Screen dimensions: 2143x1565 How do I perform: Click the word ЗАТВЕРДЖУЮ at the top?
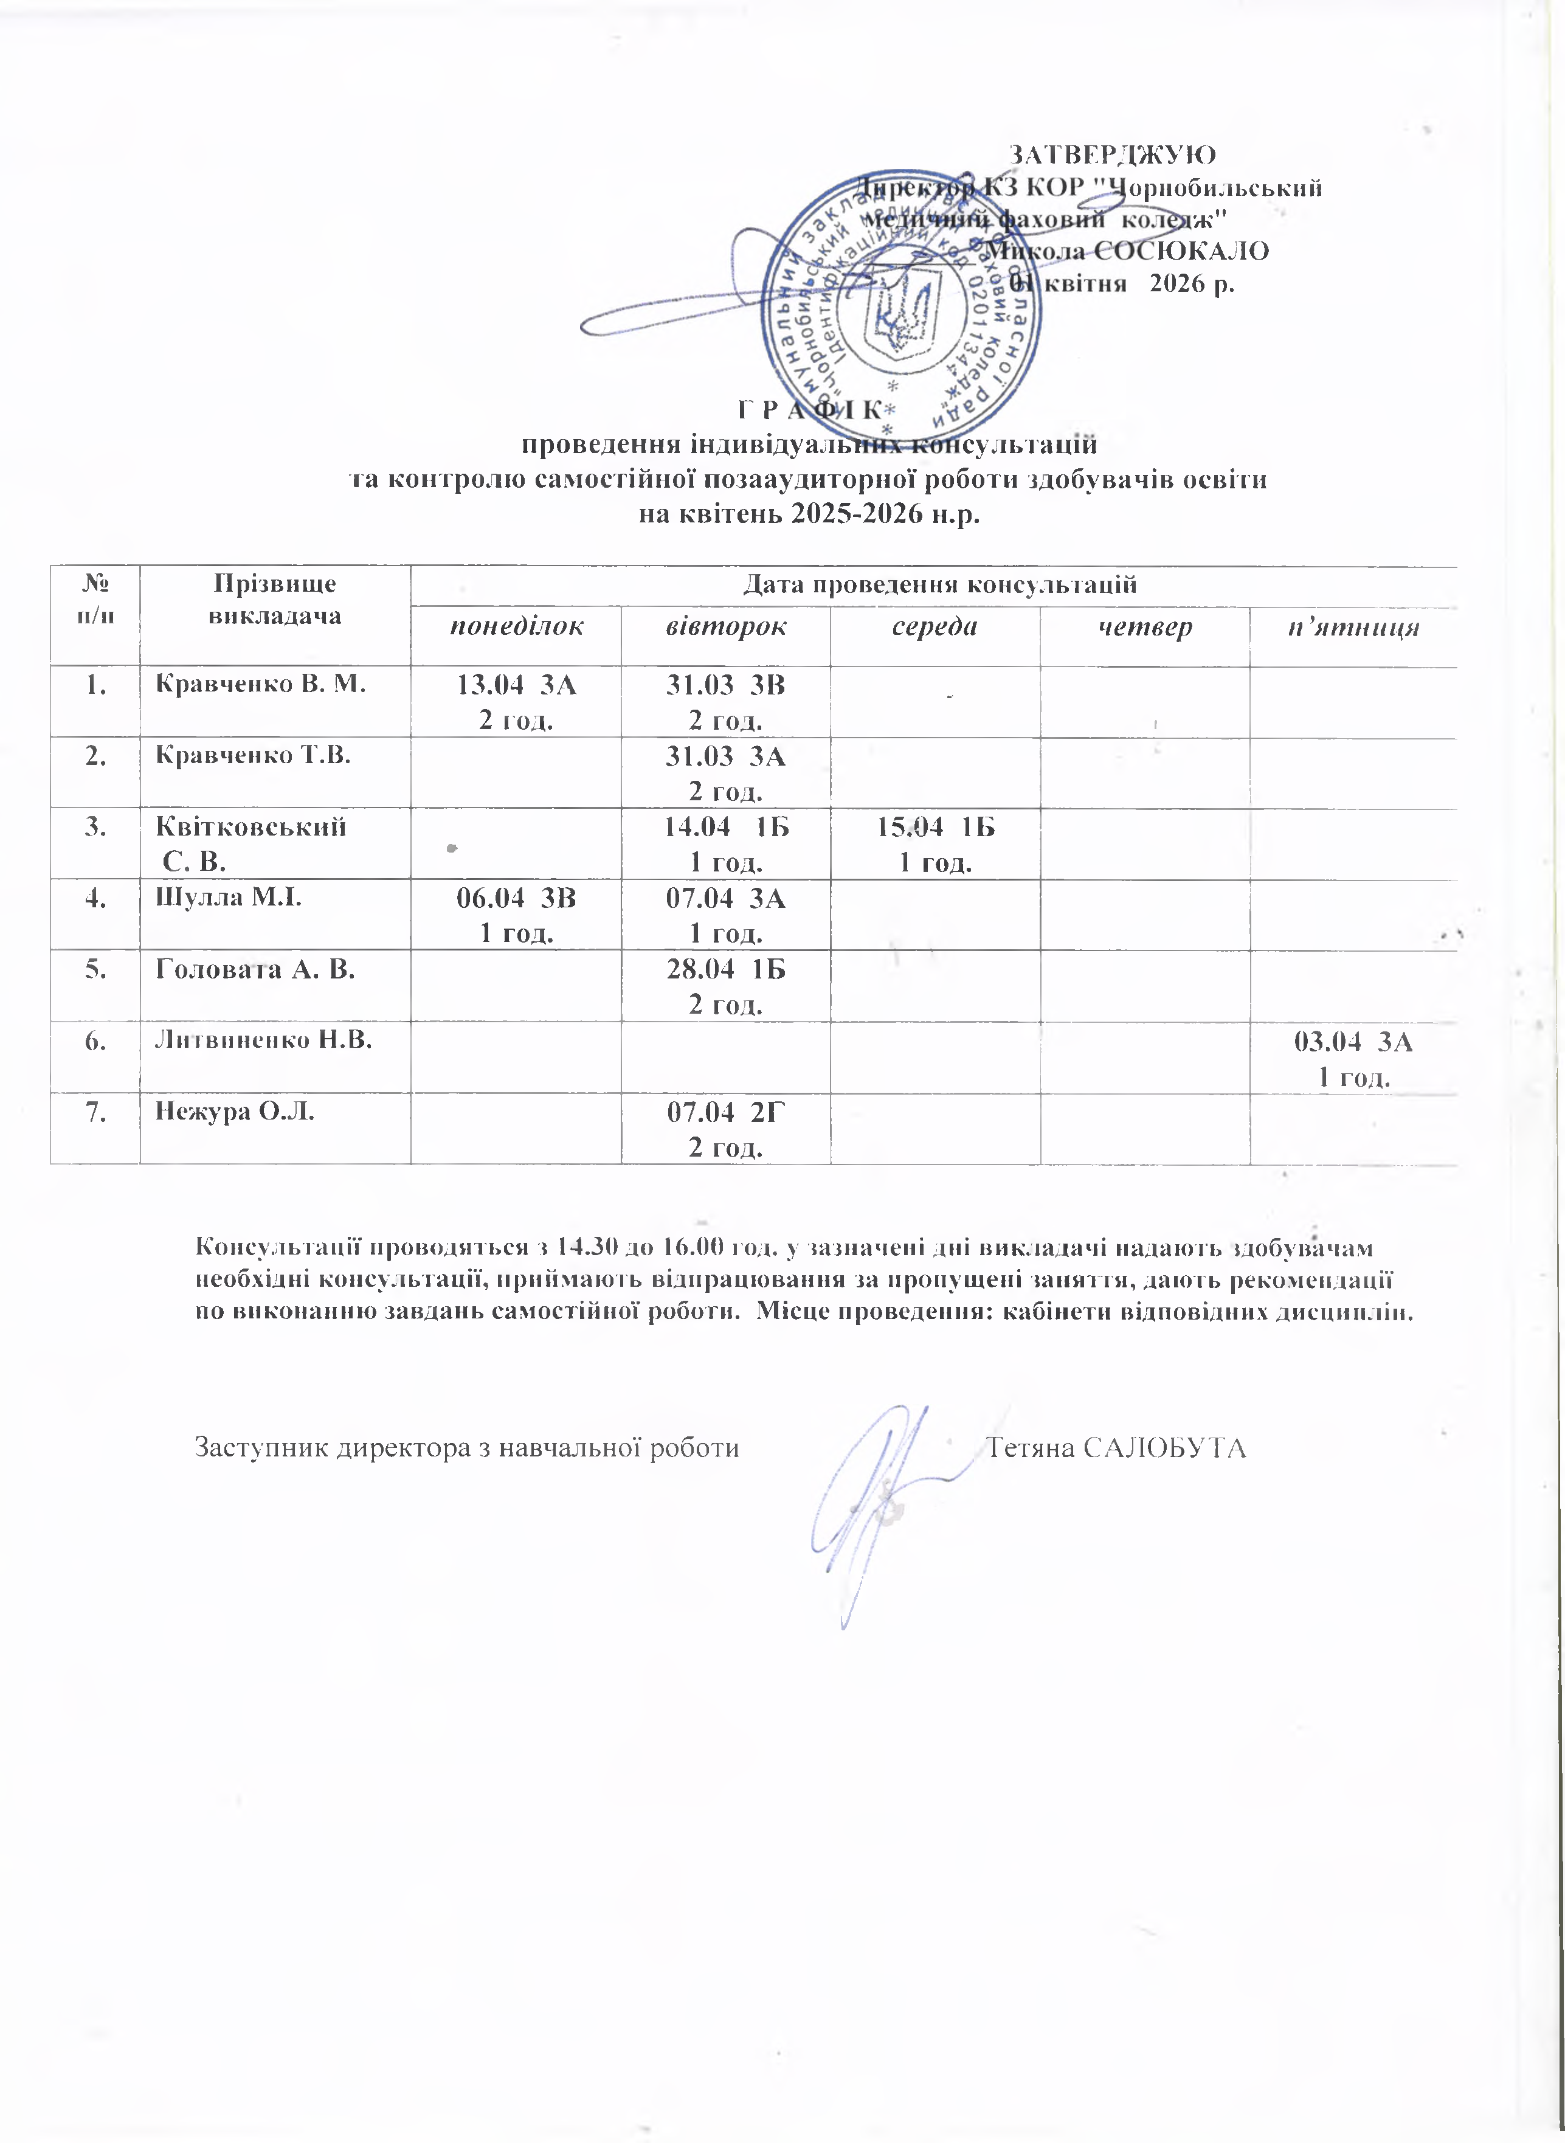1113,154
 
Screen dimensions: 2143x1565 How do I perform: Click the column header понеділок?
516,627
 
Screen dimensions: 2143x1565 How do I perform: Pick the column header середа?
935,627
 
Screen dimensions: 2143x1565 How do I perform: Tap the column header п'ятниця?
1353,627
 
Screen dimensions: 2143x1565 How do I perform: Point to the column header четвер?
1144,627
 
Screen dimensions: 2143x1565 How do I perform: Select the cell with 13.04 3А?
516,702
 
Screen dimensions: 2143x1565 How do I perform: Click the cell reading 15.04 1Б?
935,844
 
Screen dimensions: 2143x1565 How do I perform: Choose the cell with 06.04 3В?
516,915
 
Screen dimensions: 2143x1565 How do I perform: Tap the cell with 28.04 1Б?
726,986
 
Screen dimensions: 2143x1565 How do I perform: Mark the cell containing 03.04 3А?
1353,1058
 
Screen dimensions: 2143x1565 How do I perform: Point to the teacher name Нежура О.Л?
234,1111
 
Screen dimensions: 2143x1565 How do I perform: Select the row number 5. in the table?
95,969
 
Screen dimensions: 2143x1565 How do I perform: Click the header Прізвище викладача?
275,599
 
